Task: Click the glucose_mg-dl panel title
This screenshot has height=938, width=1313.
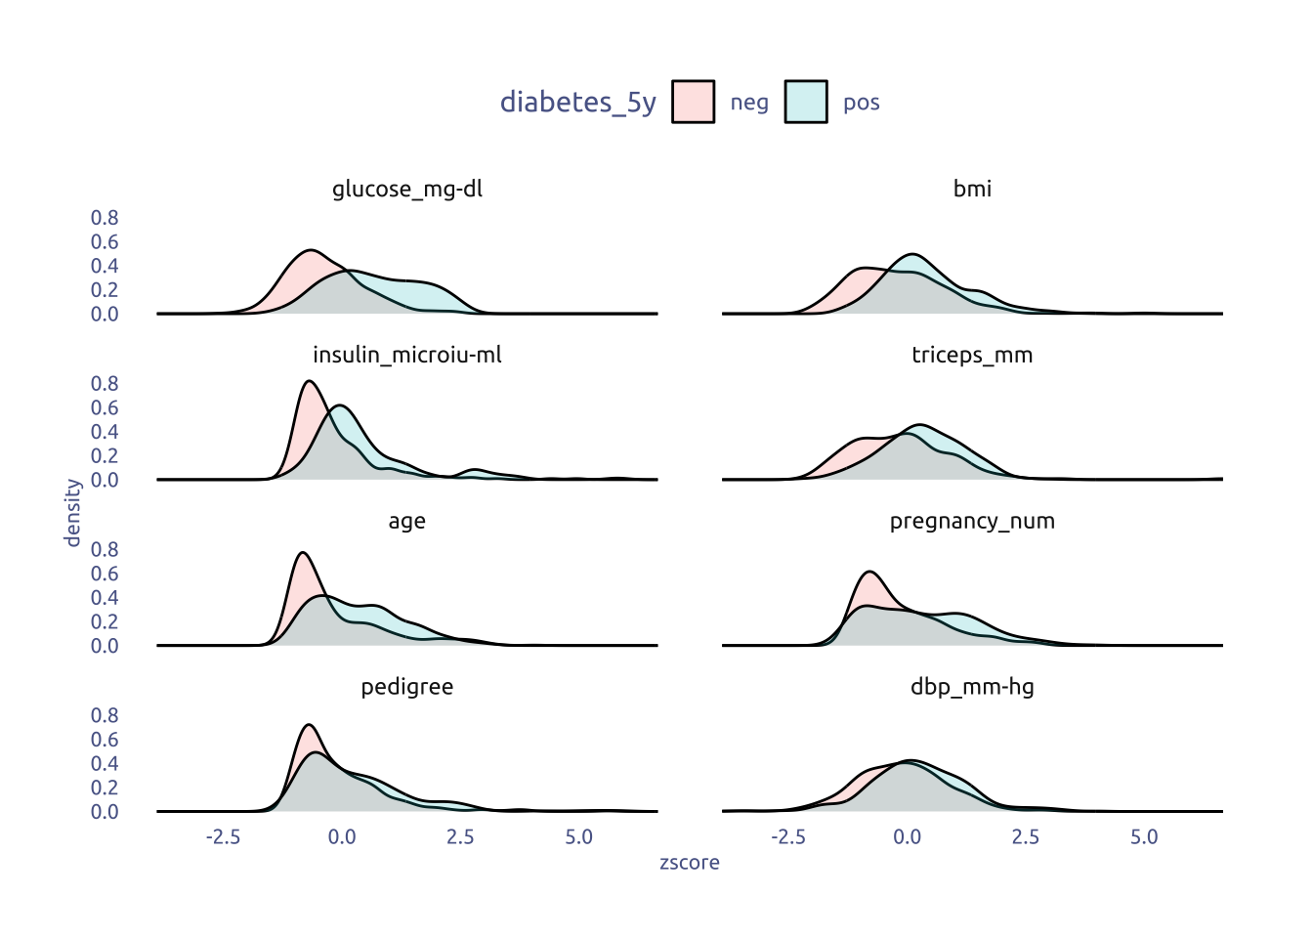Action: click(407, 189)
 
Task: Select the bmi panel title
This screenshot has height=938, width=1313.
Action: click(972, 189)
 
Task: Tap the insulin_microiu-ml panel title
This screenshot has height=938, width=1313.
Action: click(407, 355)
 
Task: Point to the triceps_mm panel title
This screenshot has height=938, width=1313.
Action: click(972, 355)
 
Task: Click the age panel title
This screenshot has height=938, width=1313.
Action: click(407, 521)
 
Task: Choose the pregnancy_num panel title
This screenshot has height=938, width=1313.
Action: click(972, 521)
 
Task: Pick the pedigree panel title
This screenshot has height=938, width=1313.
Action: click(407, 687)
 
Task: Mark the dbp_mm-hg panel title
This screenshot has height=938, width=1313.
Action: click(972, 687)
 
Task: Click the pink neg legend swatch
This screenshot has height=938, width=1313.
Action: click(694, 102)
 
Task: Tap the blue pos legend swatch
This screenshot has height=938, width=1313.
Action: click(806, 102)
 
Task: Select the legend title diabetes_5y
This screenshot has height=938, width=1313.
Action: click(577, 102)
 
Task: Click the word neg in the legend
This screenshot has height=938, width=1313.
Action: click(749, 103)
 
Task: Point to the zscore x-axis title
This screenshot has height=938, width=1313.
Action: click(690, 863)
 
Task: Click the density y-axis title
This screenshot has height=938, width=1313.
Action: click(72, 513)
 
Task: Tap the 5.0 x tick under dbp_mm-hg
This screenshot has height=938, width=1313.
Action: click(1144, 837)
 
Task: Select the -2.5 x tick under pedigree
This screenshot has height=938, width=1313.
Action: click(224, 837)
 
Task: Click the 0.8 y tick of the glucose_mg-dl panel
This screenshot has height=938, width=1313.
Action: click(105, 218)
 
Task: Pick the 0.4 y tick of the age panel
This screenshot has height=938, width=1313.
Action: click(105, 598)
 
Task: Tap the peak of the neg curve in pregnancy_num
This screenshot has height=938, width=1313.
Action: click(869, 572)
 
